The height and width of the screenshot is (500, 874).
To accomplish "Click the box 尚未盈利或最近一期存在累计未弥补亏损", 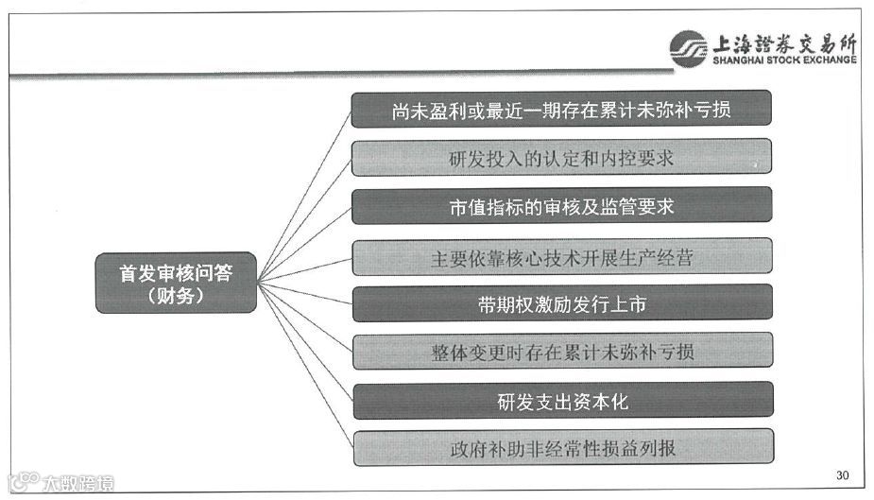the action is click(x=561, y=109).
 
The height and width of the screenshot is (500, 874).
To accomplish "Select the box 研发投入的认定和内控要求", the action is click(x=561, y=157).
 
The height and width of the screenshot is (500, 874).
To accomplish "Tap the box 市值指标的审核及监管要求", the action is click(x=561, y=206).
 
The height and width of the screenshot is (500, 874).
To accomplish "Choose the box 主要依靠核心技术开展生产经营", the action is click(x=561, y=256).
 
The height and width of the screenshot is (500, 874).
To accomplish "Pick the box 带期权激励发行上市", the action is click(x=561, y=303).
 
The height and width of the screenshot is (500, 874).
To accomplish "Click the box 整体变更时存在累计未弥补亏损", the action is click(x=561, y=352).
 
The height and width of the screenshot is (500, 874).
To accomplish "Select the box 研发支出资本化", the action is click(x=561, y=401).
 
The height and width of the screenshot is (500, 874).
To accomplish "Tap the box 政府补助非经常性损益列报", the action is click(x=561, y=448).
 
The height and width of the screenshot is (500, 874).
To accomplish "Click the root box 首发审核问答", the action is click(x=176, y=283).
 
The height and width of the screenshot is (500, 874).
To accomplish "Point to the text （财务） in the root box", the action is click(x=176, y=296).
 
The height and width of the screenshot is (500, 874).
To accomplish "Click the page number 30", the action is click(x=843, y=474).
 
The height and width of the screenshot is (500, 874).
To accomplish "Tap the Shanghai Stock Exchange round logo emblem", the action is click(x=688, y=47).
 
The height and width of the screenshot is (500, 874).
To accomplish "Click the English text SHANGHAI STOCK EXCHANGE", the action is click(x=784, y=60).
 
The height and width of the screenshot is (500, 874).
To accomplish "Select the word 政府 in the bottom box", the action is click(x=467, y=449).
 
